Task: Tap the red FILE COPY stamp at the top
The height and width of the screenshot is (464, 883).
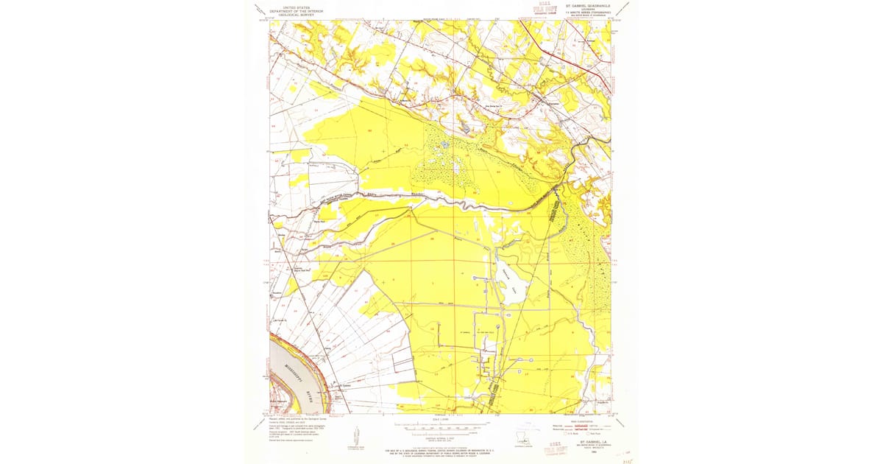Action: pyautogui.click(x=545, y=9)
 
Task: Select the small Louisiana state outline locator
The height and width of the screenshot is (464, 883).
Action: pyautogui.click(x=524, y=440)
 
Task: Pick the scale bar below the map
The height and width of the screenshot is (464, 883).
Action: pyautogui.click(x=440, y=425)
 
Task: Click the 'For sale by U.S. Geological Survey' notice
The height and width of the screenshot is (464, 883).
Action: pyautogui.click(x=440, y=451)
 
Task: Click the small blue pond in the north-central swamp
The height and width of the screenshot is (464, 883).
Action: pyautogui.click(x=444, y=144)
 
